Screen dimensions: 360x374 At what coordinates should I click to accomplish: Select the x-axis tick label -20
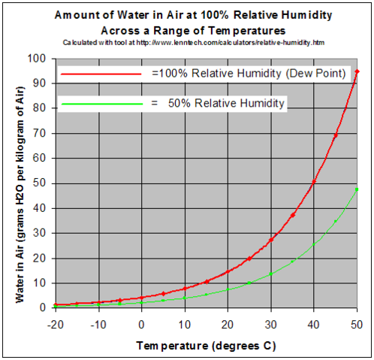(55, 322)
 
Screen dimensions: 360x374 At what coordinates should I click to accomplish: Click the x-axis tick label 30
(270, 322)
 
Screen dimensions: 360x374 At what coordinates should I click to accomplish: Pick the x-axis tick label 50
(357, 322)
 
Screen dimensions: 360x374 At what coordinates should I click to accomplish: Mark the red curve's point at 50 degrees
(357, 71)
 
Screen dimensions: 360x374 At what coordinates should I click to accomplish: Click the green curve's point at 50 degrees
(357, 189)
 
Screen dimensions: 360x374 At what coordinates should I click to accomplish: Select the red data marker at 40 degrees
(314, 182)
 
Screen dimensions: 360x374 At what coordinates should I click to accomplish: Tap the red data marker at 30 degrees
(270, 241)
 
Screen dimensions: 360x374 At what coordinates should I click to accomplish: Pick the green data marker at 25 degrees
(249, 283)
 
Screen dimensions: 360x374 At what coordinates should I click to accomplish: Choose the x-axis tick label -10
(98, 322)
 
